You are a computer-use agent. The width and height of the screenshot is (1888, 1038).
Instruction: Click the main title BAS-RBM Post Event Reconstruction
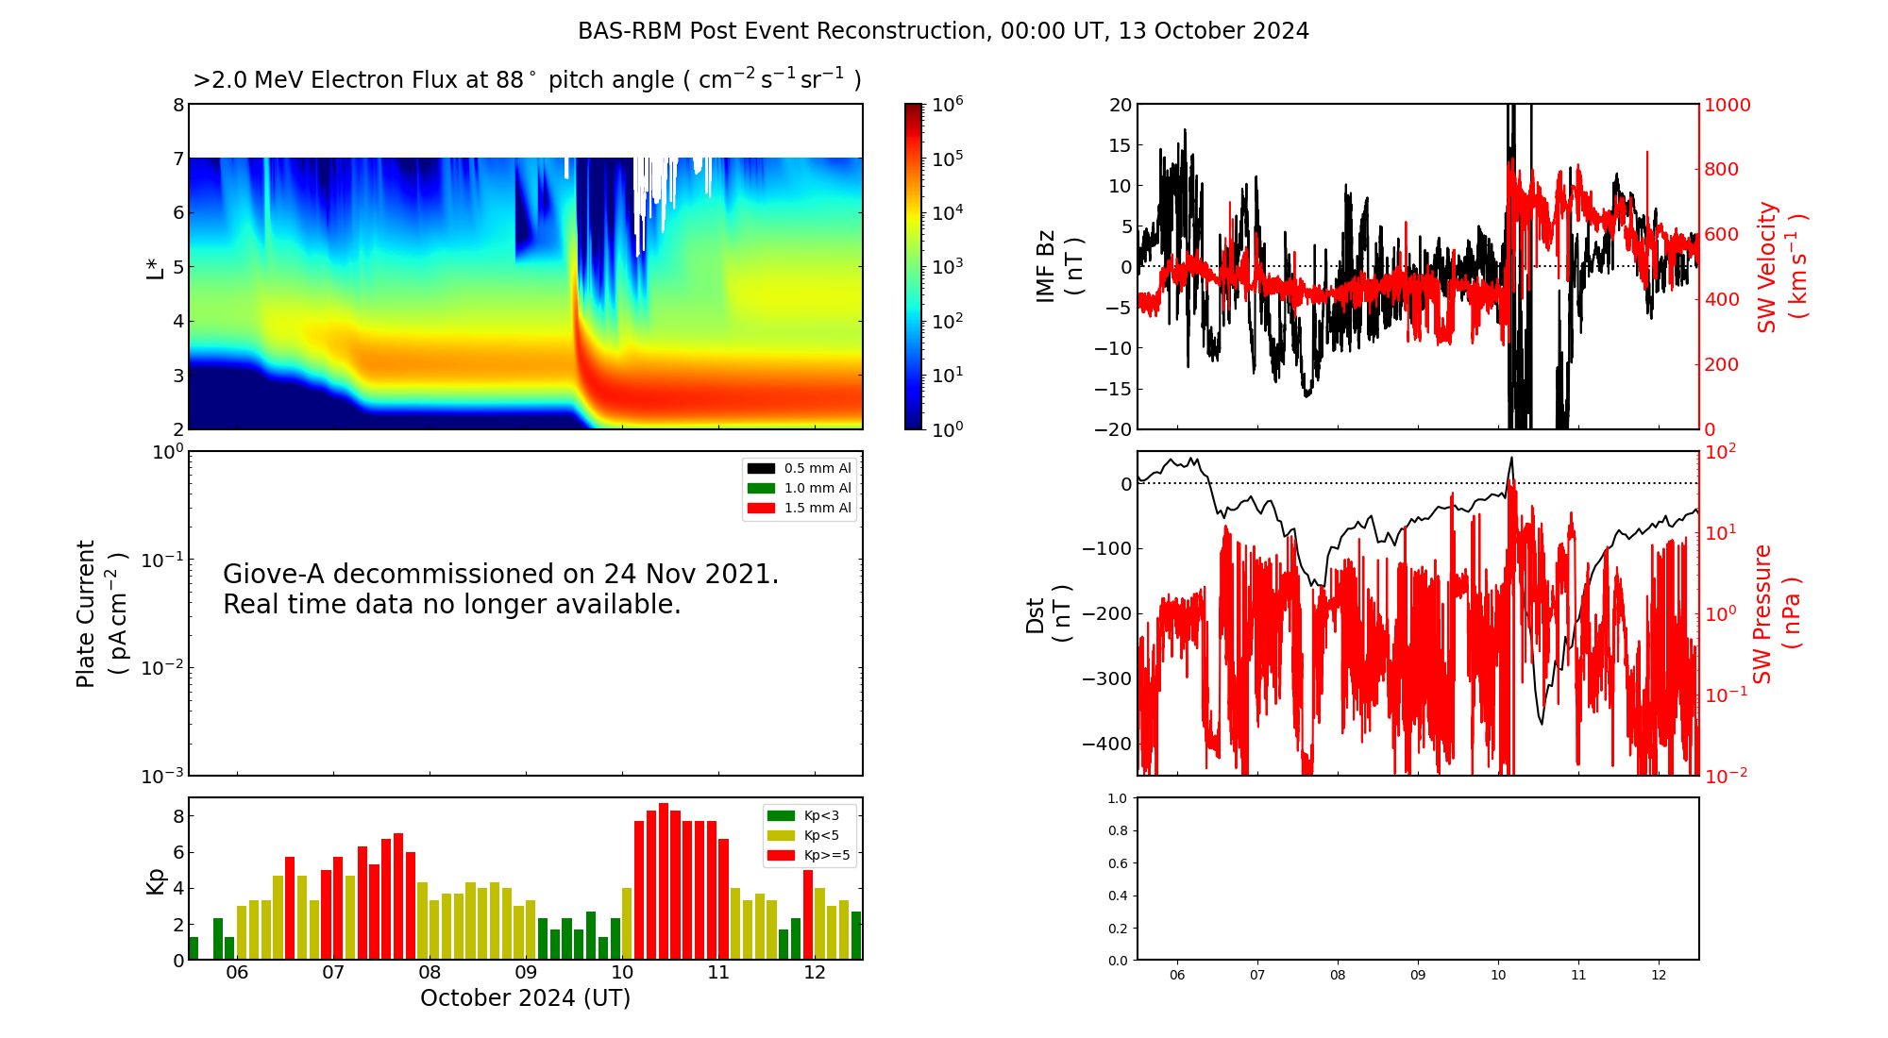[943, 31]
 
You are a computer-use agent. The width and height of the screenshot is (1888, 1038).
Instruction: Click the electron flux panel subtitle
[527, 80]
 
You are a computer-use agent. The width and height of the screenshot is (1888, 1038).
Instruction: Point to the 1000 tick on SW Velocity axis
[1727, 105]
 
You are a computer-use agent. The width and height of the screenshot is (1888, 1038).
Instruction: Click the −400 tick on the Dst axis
[1106, 744]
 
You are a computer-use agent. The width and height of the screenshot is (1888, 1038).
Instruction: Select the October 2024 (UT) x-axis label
[525, 998]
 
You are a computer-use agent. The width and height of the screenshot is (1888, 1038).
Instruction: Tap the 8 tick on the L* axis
[177, 105]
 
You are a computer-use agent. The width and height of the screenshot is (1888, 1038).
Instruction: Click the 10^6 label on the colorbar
[947, 105]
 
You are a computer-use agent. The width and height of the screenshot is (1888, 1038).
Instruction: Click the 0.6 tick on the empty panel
[1117, 863]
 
